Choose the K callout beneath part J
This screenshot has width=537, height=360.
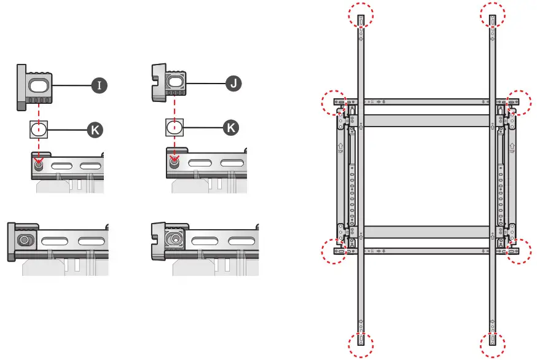click(230, 128)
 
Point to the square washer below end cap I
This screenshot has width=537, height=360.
click(39, 130)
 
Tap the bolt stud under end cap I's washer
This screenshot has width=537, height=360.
click(39, 163)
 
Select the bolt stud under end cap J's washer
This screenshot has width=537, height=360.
click(174, 162)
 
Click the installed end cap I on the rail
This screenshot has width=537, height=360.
click(23, 240)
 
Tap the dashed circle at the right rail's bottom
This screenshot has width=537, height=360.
click(493, 343)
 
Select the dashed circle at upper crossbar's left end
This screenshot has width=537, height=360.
click(337, 102)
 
